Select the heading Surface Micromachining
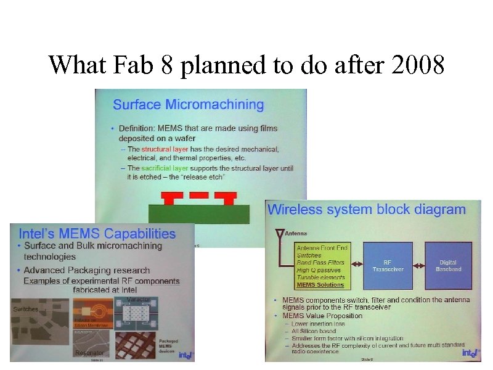(188, 104)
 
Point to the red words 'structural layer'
(165, 149)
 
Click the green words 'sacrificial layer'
(165, 168)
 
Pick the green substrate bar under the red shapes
(198, 213)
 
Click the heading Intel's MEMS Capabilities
(97, 234)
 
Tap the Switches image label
(25, 309)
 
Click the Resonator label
(89, 352)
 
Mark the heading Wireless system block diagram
(366, 210)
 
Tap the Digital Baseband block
(448, 265)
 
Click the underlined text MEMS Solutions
(320, 285)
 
